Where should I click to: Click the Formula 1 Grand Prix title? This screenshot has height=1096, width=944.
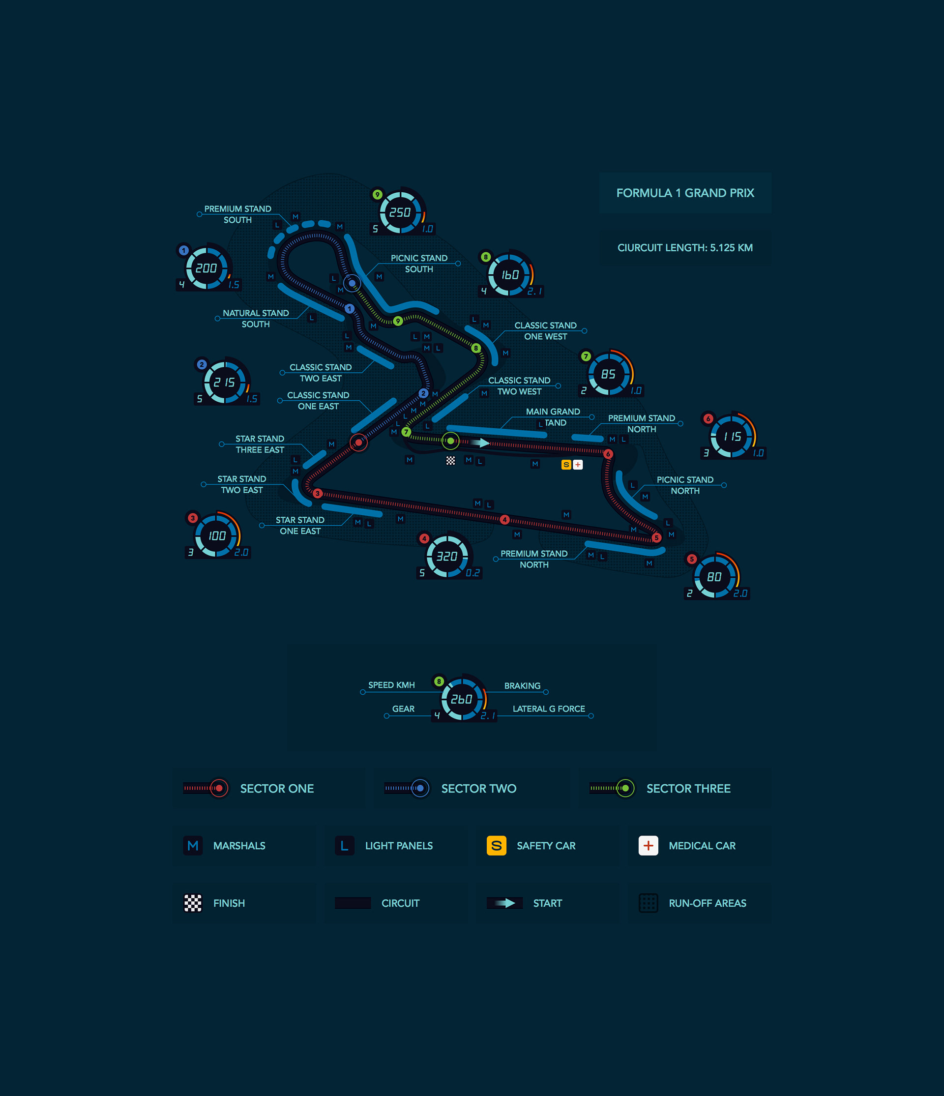(685, 193)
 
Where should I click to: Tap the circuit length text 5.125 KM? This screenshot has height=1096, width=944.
(685, 247)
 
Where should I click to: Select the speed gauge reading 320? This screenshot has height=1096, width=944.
(447, 556)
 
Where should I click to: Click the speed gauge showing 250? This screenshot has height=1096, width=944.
(400, 212)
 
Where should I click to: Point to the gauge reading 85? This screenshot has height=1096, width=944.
(608, 374)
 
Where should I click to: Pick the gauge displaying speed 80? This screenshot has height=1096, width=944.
(714, 577)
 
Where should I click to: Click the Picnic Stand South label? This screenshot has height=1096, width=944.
(419, 264)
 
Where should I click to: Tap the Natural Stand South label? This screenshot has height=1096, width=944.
(256, 319)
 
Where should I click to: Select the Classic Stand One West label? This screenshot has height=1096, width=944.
(545, 330)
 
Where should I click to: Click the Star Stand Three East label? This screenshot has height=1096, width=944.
(260, 444)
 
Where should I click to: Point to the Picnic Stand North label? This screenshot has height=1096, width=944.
(685, 485)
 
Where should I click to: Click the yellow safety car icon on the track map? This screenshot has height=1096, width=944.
(566, 465)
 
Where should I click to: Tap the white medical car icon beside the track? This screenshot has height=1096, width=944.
(578, 465)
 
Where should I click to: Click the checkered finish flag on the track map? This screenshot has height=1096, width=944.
(450, 461)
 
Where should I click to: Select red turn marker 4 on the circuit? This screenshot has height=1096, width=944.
(504, 519)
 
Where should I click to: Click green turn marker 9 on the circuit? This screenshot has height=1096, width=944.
(398, 321)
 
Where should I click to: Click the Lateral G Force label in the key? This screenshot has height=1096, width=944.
(548, 709)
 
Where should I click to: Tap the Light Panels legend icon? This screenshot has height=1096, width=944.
(344, 845)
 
